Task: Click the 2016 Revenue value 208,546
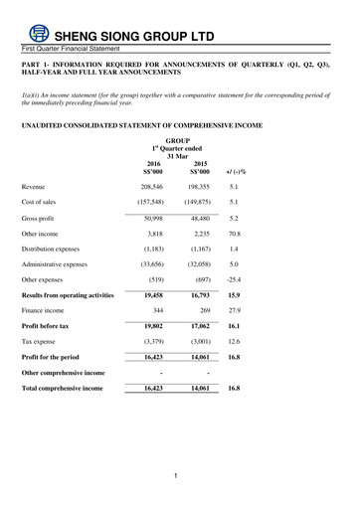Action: [153, 186]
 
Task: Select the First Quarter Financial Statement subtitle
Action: [68, 48]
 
